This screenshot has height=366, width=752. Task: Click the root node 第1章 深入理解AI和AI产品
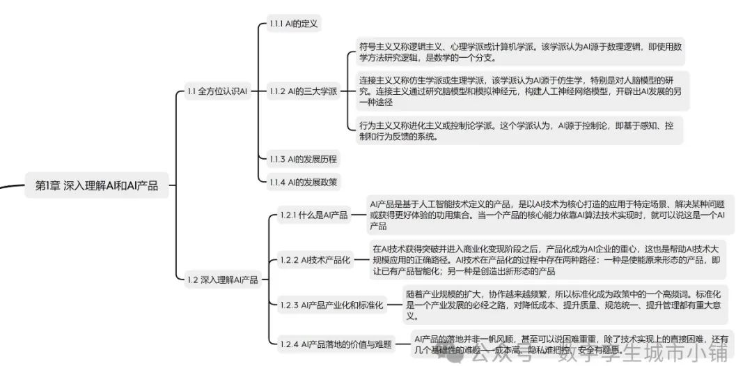[97, 185]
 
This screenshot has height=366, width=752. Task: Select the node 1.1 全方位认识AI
[217, 91]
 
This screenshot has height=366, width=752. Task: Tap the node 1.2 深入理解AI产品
[222, 280]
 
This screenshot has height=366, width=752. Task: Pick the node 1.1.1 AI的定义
[294, 24]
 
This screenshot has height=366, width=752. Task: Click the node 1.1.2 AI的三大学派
[303, 91]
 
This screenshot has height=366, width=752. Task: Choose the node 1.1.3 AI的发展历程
[303, 159]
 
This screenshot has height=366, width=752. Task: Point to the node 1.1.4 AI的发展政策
[303, 182]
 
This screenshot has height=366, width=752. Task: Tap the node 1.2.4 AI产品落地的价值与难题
[336, 344]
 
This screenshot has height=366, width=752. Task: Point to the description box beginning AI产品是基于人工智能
[547, 215]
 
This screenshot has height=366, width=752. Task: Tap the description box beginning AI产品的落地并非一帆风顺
[567, 344]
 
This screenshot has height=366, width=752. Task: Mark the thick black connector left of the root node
[10, 186]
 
